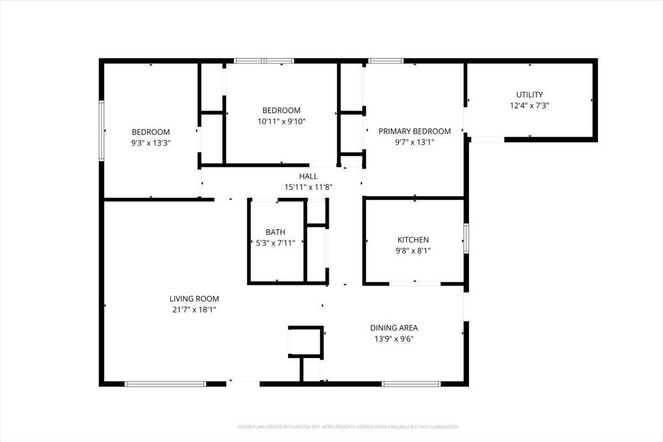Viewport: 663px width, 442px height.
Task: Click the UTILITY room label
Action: (x=529, y=94)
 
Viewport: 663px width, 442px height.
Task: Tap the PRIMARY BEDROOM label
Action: (x=414, y=131)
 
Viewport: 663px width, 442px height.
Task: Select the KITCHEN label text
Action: (x=413, y=240)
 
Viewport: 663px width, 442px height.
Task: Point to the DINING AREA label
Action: (x=394, y=328)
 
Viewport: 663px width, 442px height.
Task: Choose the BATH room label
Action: (x=276, y=233)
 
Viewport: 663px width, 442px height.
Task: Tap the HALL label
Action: (x=308, y=176)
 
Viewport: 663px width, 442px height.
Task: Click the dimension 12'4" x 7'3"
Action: (x=529, y=105)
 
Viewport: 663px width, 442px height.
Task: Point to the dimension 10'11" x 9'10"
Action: (x=281, y=121)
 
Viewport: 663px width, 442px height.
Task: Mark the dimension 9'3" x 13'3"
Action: (x=150, y=143)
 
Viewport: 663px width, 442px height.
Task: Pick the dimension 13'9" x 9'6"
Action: (x=394, y=338)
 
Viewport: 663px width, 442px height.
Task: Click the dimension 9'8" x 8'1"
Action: (x=413, y=250)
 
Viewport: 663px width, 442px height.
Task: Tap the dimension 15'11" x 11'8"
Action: (x=308, y=187)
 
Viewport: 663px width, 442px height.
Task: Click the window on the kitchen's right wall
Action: (x=466, y=238)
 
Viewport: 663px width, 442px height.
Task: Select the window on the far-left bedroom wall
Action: (x=102, y=131)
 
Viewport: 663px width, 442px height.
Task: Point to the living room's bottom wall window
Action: (x=165, y=383)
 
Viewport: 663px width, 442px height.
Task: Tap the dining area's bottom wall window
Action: (x=411, y=383)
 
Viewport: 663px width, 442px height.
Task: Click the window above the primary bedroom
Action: (x=386, y=61)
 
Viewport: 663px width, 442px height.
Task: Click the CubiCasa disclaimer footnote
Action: (x=348, y=427)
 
